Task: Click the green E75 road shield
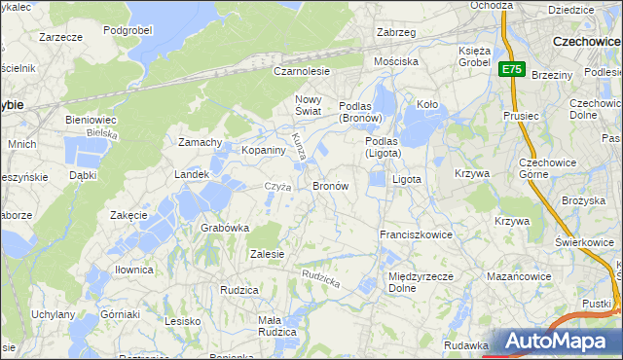tap(513, 70)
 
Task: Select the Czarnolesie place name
tap(302, 71)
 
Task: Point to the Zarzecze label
tap(60, 36)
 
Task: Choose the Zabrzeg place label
tap(396, 32)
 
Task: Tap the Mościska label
tap(396, 60)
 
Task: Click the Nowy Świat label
tap(308, 106)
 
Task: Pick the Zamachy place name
tap(201, 142)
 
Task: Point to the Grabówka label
tap(225, 228)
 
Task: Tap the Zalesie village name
tap(267, 254)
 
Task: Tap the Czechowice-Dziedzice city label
tap(587, 42)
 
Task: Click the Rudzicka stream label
tap(320, 278)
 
